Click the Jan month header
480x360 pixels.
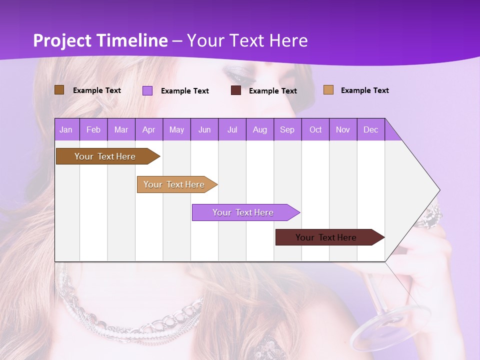click(66, 129)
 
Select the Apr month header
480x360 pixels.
click(149, 129)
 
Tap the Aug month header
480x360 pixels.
click(259, 129)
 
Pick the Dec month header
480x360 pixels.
click(370, 129)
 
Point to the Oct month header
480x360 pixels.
click(315, 129)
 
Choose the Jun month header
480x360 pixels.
click(204, 129)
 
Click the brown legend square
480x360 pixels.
click(59, 90)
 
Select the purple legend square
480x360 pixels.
click(147, 90)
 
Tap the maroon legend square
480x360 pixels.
click(236, 90)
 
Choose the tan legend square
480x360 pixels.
click(328, 90)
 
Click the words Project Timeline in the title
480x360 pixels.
click(100, 40)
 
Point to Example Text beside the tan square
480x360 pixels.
click(364, 90)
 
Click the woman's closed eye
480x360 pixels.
click(237, 76)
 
